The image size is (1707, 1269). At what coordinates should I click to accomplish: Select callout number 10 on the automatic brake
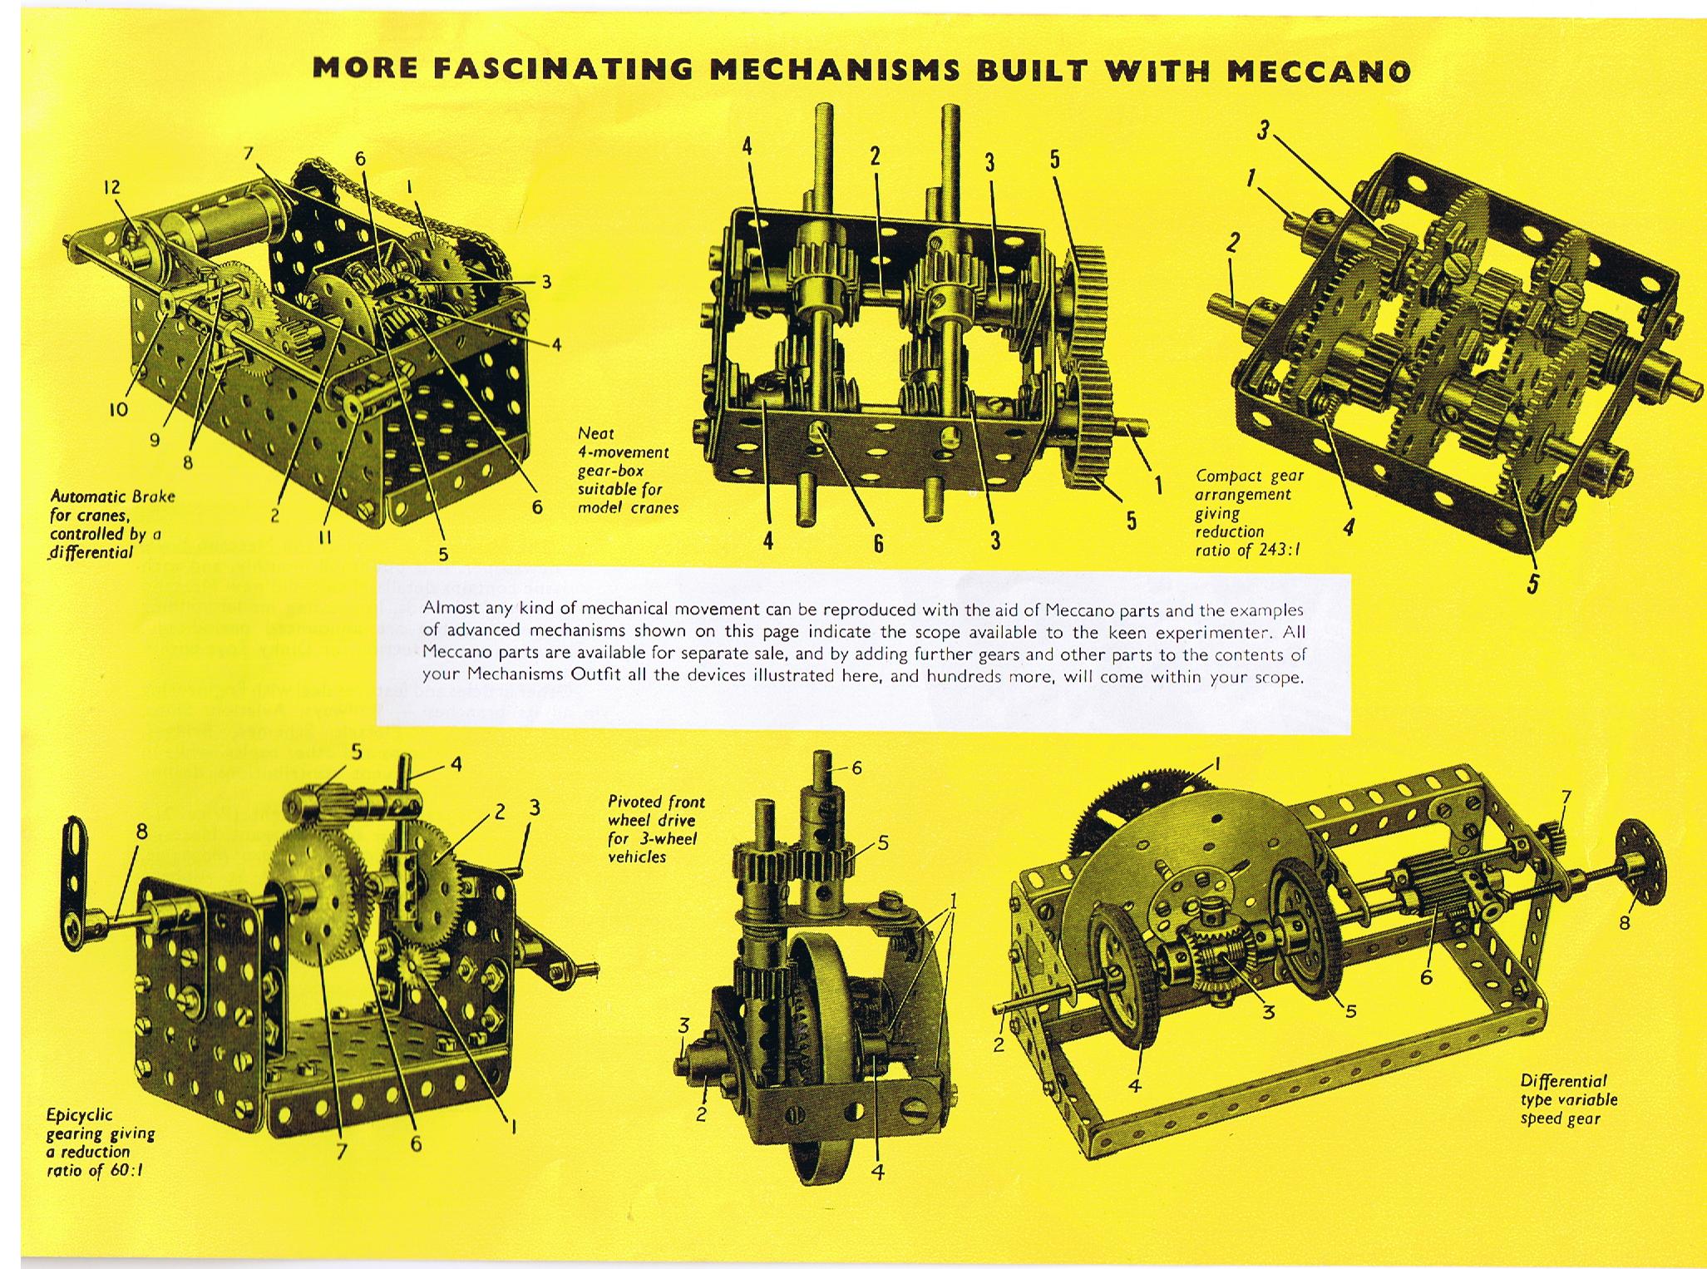click(x=118, y=409)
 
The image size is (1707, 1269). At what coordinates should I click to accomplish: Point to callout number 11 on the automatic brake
click(x=325, y=538)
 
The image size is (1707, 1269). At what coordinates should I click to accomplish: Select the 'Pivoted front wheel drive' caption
click(x=656, y=828)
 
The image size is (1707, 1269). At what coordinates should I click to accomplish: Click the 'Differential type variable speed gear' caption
click(x=1568, y=1099)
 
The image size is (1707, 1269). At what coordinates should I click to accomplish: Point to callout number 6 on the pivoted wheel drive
click(x=856, y=768)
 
